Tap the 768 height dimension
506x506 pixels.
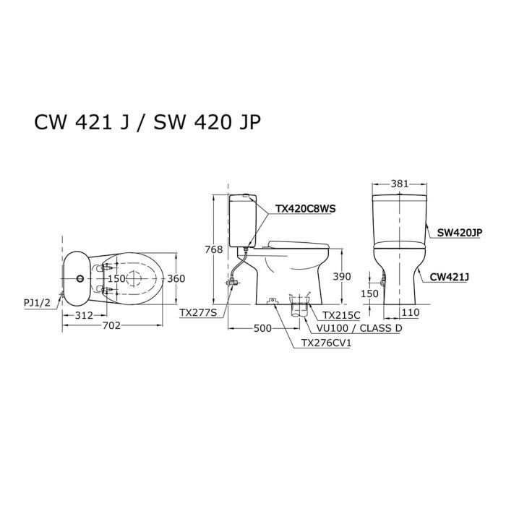coord(213,249)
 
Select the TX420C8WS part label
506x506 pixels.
coord(306,209)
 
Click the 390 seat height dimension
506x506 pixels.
coord(342,276)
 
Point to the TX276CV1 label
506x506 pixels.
coord(322,343)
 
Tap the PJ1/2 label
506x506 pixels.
coord(37,304)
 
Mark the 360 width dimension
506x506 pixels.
coord(176,278)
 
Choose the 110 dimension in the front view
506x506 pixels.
coord(411,312)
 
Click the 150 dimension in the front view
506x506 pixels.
coord(369,294)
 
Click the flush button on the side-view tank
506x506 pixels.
coord(248,196)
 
